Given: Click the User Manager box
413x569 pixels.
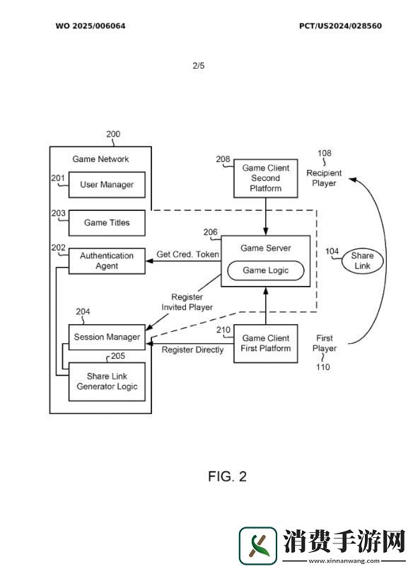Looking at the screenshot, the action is coord(107,185).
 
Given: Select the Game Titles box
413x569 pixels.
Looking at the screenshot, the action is coord(107,223).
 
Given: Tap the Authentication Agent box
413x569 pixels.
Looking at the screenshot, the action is coord(107,261).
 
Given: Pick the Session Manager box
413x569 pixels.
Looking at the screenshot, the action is coord(107,337).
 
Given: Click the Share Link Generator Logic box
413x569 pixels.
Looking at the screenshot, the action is coord(107,381).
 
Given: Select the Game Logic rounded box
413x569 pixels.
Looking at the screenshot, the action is coord(266,270).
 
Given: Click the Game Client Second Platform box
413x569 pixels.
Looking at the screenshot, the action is coord(266,178).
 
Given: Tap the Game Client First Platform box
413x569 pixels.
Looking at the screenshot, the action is coord(266,344).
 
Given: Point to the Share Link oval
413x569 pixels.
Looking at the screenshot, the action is coord(362,260).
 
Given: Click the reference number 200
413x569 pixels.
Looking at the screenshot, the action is coord(113,134).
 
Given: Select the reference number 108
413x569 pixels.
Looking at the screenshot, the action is coord(325,153).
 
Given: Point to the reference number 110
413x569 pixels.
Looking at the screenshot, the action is coord(323,367).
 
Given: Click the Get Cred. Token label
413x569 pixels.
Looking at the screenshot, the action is coord(188,254).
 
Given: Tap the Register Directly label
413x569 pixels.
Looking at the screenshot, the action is coord(192,350).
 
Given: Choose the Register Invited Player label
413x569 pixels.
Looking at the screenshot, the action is coord(187,302).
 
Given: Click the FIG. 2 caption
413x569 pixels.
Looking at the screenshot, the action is coord(227,476).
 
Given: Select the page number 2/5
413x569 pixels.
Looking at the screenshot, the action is coord(198,66).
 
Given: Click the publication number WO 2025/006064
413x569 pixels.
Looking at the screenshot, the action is coord(91,25).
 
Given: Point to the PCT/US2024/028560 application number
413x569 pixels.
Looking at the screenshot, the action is coord(340,25).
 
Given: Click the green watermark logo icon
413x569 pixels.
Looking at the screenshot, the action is coord(258,546).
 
